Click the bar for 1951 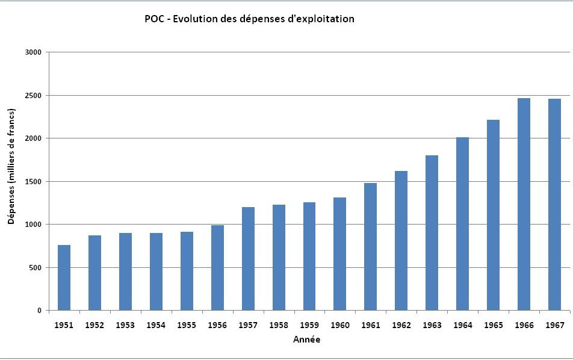click(x=64, y=278)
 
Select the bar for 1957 click(x=248, y=259)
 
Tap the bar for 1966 click(x=524, y=204)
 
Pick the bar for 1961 click(x=370, y=247)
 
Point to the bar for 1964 click(x=462, y=224)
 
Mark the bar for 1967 click(x=554, y=205)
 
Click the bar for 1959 click(x=309, y=256)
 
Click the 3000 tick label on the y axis click(x=34, y=52)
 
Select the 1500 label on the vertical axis click(x=34, y=181)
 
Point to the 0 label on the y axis click(x=39, y=311)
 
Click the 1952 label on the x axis click(x=94, y=325)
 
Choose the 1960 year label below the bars click(x=340, y=325)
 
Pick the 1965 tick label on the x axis click(x=493, y=325)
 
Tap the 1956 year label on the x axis click(x=217, y=325)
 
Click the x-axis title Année click(x=306, y=340)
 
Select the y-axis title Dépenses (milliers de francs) click(x=11, y=167)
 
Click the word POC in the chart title click(x=153, y=19)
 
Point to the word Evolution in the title click(x=196, y=19)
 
